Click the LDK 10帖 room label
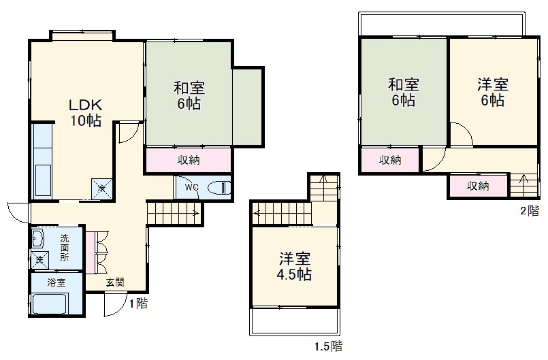coord(86,112)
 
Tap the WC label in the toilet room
coord(191,187)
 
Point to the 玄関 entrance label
coord(115,282)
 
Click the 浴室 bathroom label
coord(57,282)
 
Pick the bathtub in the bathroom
coord(50,304)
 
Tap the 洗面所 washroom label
coord(64,248)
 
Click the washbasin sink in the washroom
coord(37,239)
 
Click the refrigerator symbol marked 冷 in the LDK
coord(101,189)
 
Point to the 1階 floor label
coord(138,303)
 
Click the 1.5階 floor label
coord(329,346)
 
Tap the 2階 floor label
coord(530,211)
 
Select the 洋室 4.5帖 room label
coord(294,266)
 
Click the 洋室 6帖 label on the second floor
coord(493,93)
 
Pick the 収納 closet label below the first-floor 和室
coord(189,160)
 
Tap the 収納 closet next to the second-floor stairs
coord(478,186)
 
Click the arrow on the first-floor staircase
coord(174,212)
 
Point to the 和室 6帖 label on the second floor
coord(404,93)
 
